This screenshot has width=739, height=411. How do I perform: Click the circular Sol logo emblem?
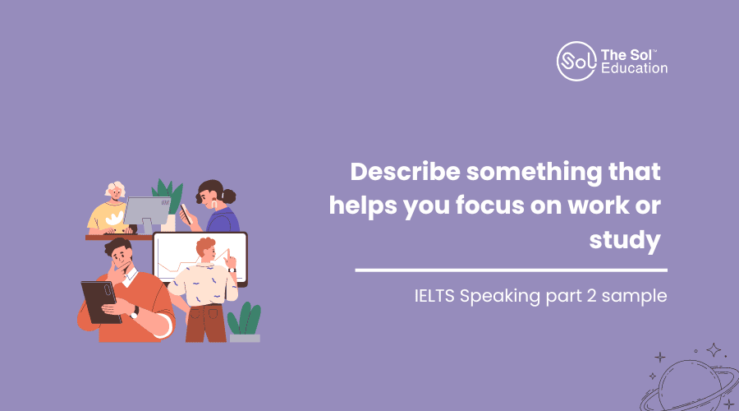click(576, 62)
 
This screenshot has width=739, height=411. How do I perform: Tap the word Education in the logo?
click(635, 68)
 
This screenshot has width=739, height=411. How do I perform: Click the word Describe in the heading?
click(405, 171)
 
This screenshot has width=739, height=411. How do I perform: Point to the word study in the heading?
click(625, 240)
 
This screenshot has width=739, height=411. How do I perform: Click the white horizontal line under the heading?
click(511, 270)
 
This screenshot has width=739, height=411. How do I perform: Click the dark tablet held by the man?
click(100, 302)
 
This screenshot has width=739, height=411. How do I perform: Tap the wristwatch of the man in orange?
click(135, 312)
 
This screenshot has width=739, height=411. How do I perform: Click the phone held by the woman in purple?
click(186, 213)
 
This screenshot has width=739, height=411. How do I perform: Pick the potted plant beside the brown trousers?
click(244, 322)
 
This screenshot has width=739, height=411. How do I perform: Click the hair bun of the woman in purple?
click(229, 196)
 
